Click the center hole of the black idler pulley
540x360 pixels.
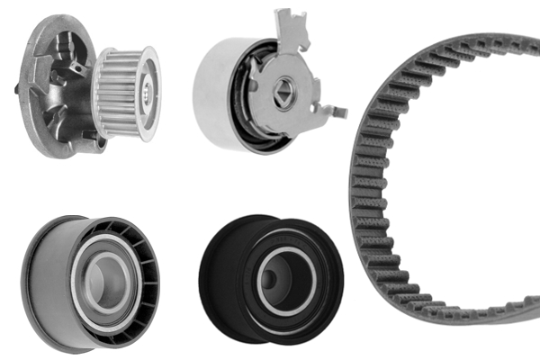point(285,279)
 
